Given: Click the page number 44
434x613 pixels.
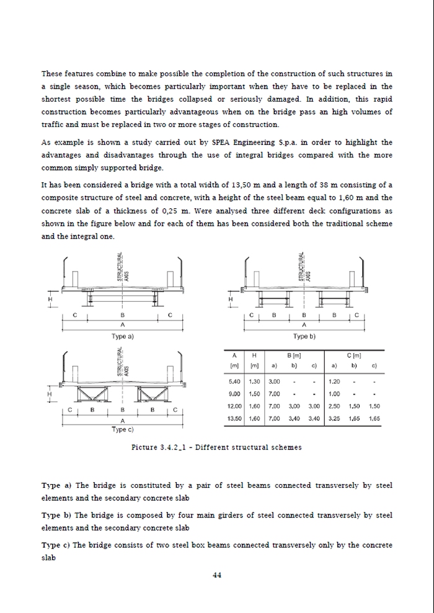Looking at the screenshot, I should tap(217, 575).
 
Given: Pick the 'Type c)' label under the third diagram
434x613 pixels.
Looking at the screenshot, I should tap(123, 429).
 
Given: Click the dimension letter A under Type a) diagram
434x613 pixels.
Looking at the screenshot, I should tap(122, 325).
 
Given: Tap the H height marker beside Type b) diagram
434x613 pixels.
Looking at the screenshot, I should tap(231, 300).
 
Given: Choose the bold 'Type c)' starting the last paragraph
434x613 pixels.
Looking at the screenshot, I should tap(56, 545).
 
